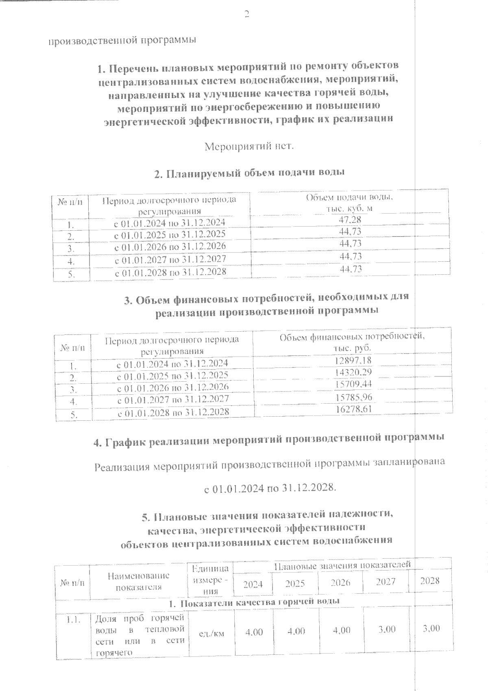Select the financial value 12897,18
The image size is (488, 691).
[353, 360]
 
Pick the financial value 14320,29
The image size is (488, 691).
[353, 372]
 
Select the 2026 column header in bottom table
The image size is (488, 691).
[340, 582]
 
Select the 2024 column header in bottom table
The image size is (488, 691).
[253, 584]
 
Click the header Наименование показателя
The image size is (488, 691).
[138, 581]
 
